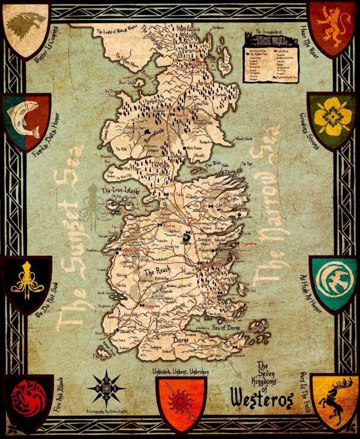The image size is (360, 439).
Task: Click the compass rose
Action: tap(106, 388)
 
